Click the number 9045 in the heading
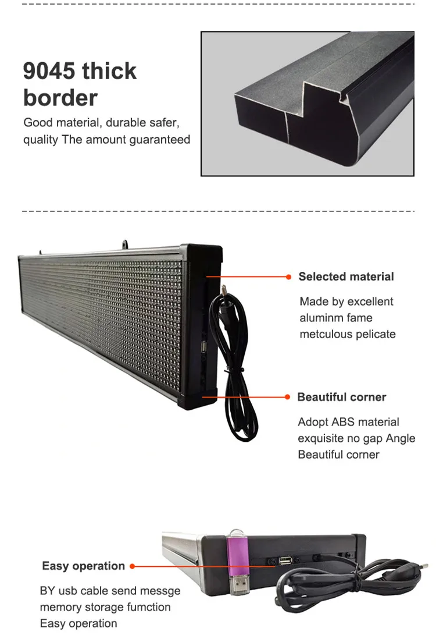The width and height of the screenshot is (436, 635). pyautogui.click(x=49, y=71)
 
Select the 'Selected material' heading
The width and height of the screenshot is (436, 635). pyautogui.click(x=346, y=277)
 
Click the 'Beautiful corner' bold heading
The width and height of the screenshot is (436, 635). pyautogui.click(x=342, y=398)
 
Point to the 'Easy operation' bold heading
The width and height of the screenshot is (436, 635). pyautogui.click(x=83, y=566)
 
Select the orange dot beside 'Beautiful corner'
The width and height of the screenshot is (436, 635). pyautogui.click(x=287, y=397)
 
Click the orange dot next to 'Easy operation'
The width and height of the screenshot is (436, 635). pyautogui.click(x=133, y=566)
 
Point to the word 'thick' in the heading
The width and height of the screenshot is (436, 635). pyautogui.click(x=109, y=71)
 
